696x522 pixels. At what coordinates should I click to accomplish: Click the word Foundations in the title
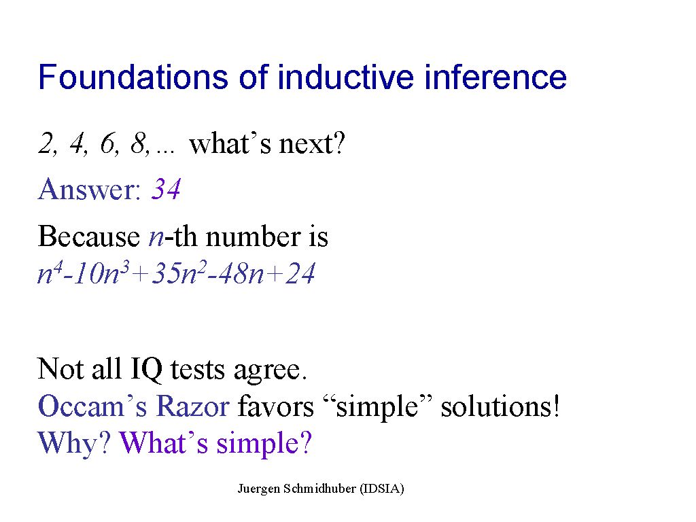point(133,77)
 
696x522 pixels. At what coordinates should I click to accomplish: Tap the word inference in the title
point(495,77)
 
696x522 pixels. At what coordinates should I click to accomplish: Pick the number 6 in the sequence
point(109,144)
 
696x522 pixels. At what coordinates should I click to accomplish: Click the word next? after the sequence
point(311,144)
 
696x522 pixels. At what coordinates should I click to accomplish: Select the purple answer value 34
point(166,189)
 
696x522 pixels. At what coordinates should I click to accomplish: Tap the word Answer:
point(90,189)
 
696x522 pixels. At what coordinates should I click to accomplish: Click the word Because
point(89,236)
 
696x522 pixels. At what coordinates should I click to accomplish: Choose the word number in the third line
point(253,236)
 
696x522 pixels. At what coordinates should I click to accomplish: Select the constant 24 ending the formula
point(300,273)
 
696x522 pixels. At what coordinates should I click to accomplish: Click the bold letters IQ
point(146,369)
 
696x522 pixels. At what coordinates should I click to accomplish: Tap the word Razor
point(193,406)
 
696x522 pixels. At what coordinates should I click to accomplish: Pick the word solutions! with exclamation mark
point(500,406)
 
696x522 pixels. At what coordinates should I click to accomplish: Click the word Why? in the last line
point(74,443)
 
